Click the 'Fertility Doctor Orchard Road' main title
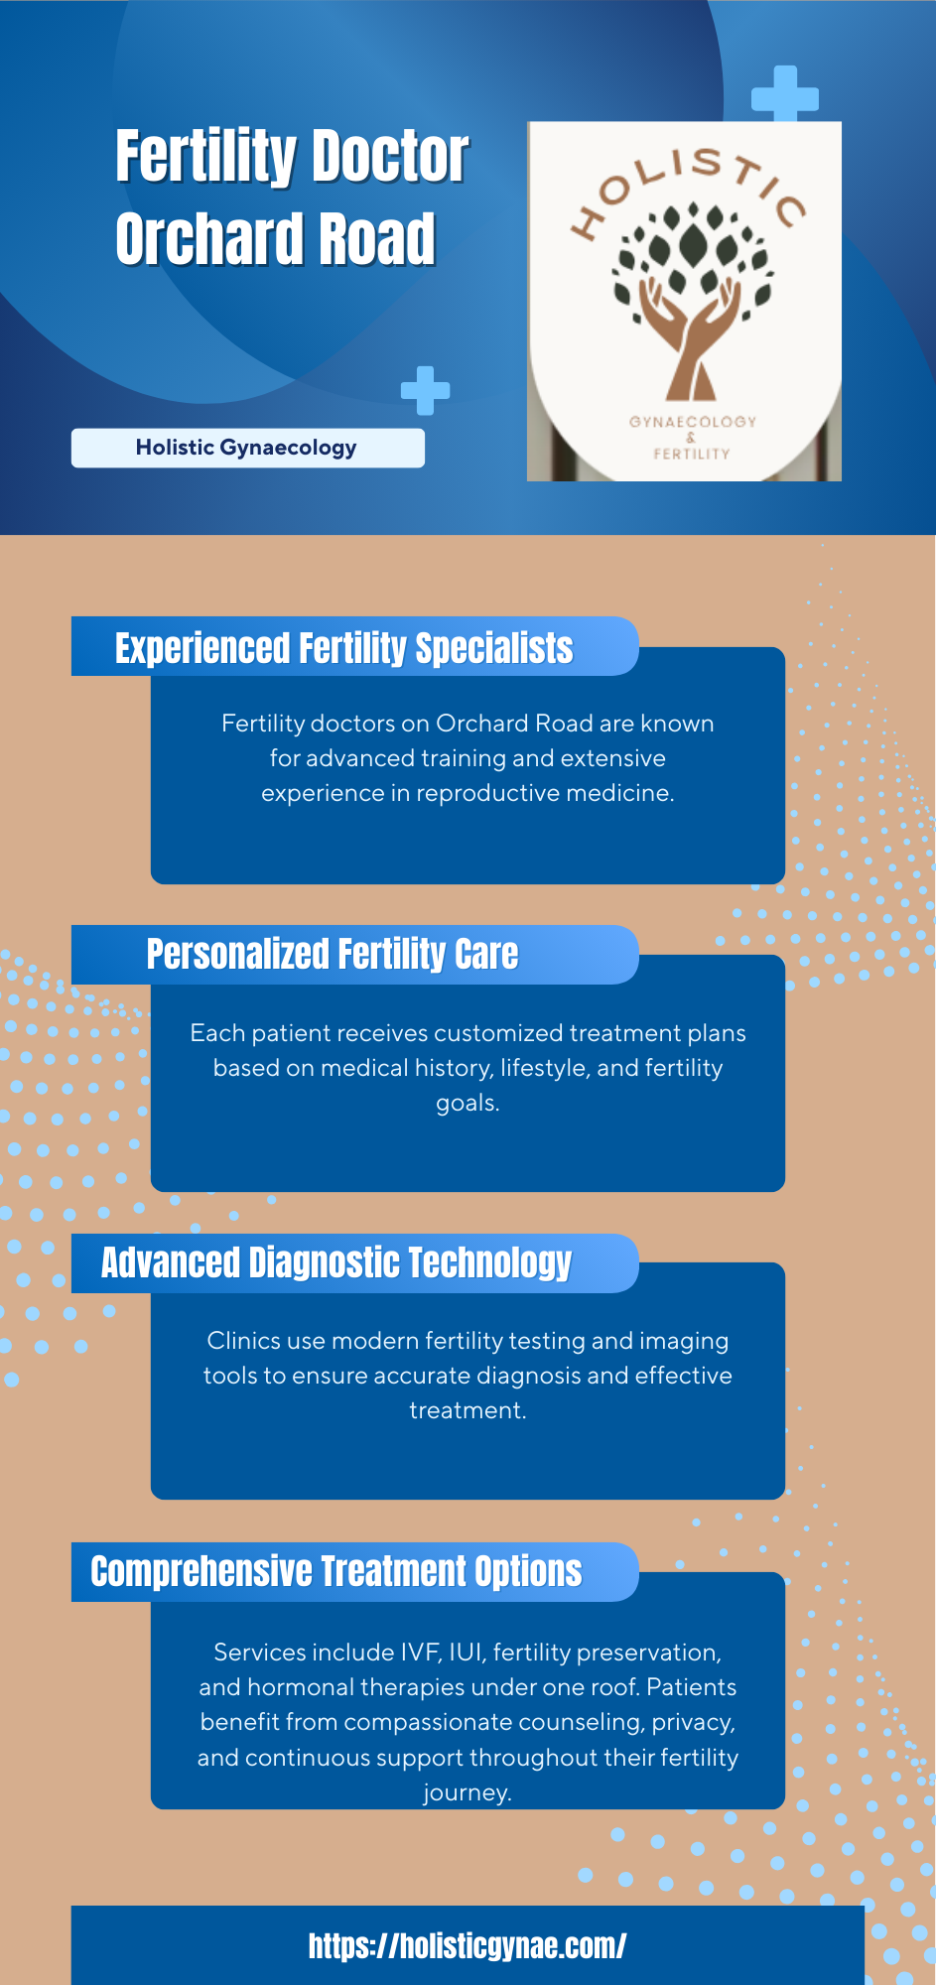coord(292,198)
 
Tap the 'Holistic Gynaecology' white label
coord(248,448)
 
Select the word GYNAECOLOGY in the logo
coord(693,422)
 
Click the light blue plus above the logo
coord(785,95)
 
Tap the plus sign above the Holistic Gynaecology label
coord(426,391)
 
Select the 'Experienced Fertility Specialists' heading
coord(344,648)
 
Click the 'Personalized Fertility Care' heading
coord(333,954)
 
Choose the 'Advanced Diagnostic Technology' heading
coord(336,1262)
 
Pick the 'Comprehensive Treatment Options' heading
coord(336,1571)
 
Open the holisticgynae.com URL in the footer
coord(468,1946)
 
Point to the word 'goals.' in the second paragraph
coord(468,1104)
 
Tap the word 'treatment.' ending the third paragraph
coord(468,1410)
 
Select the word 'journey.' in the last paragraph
coord(468,1793)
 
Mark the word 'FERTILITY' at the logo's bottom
coord(692,454)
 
